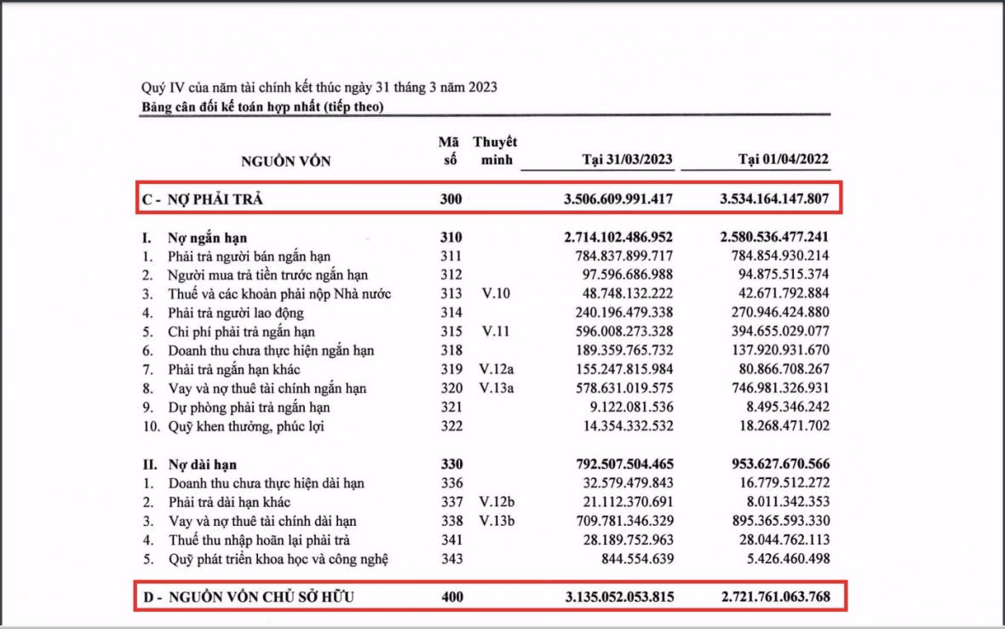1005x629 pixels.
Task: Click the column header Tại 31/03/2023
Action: tap(628, 160)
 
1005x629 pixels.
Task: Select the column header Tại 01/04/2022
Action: tap(783, 160)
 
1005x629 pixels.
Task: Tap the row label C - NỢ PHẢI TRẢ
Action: tap(203, 199)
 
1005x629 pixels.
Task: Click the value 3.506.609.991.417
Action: tap(618, 199)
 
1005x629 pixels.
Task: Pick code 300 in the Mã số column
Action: tap(451, 199)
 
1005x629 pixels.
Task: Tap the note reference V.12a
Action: tap(497, 369)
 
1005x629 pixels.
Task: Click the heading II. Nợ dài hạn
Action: tap(190, 465)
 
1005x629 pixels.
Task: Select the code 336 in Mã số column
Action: tap(451, 483)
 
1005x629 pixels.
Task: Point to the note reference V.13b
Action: tap(497, 521)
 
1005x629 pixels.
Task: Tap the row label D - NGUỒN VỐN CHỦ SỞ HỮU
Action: tap(248, 597)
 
